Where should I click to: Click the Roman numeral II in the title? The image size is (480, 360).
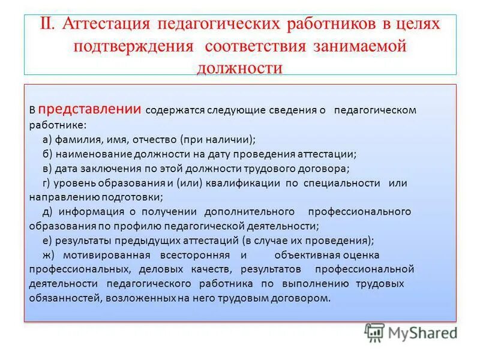[47, 24]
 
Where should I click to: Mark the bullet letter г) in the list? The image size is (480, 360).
[48, 183]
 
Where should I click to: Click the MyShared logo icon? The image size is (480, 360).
[374, 332]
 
